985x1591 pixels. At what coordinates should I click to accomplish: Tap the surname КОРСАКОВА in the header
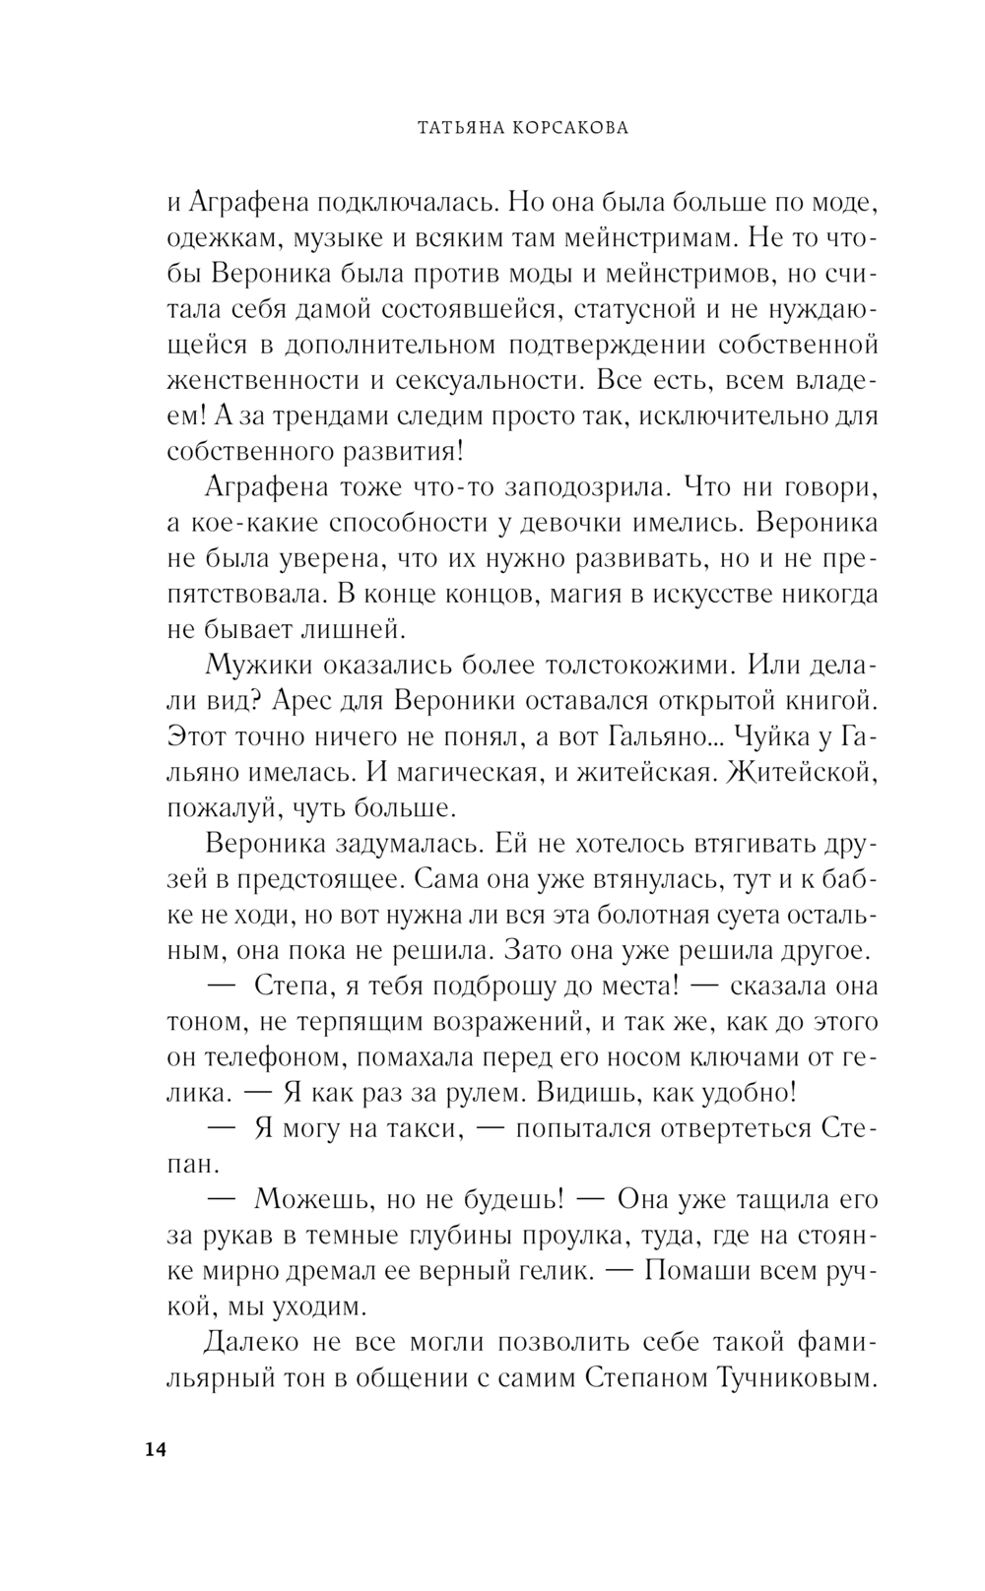565,127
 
